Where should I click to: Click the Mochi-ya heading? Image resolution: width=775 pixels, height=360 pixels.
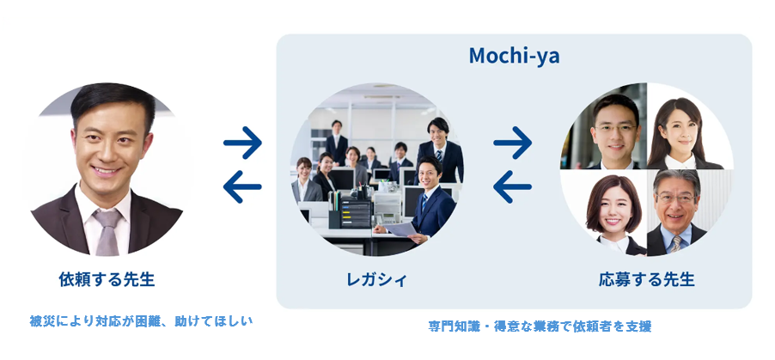click(514, 57)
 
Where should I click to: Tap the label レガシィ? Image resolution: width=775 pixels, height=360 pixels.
click(376, 279)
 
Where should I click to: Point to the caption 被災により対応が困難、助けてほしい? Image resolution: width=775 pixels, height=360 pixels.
click(142, 320)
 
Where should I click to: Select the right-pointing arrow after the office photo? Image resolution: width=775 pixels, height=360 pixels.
click(513, 143)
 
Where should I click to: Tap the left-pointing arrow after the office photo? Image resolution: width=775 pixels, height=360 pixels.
click(513, 186)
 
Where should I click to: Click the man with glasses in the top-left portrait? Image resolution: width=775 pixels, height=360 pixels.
click(615, 129)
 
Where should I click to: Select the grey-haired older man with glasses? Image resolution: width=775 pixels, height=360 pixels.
click(677, 206)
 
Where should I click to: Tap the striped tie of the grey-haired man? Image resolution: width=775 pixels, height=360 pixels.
click(677, 242)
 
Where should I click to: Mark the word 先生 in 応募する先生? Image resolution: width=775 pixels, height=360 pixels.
click(675, 279)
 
